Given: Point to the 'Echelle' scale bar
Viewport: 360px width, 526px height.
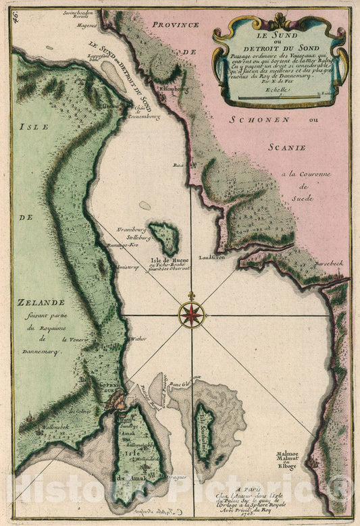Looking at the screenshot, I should click(278, 97).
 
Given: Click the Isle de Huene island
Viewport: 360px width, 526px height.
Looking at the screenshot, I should click(164, 238).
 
